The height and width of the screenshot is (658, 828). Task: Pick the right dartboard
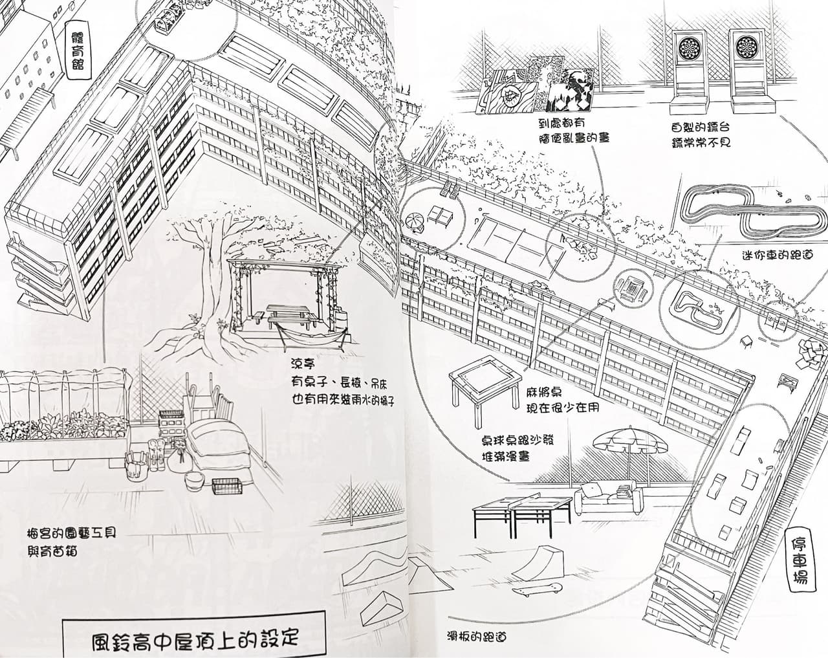[746, 48]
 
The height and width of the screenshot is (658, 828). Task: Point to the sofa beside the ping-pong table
[607, 499]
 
